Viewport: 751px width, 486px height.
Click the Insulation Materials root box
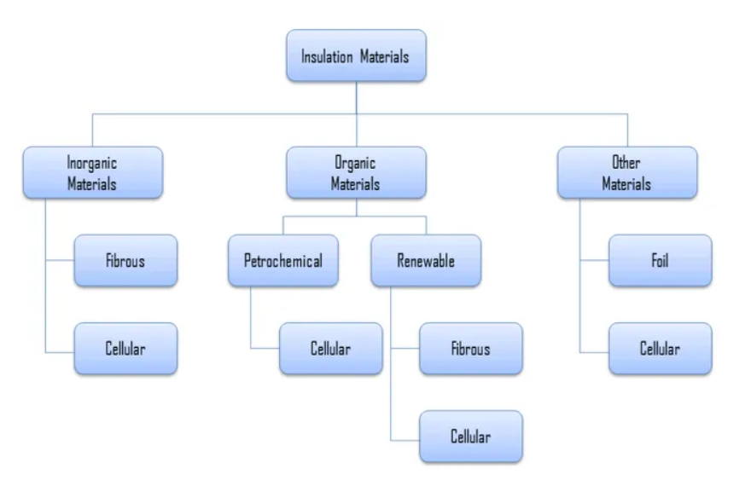click(x=356, y=56)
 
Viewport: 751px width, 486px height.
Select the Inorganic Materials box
click(x=92, y=172)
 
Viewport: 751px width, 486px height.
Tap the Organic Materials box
click(x=356, y=172)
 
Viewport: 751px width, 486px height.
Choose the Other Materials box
click(x=626, y=172)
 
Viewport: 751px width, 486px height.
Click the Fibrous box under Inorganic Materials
click(x=125, y=261)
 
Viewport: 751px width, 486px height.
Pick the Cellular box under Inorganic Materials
click(x=125, y=348)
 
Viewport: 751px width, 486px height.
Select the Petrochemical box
click(x=283, y=261)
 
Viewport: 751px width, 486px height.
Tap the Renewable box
click(x=426, y=261)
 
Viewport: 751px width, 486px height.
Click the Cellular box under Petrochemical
click(x=330, y=348)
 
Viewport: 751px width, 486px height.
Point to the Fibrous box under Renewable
click(x=470, y=348)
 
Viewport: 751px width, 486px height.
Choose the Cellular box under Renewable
click(x=470, y=437)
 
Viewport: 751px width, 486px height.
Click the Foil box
click(x=660, y=261)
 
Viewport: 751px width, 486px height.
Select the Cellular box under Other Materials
click(x=660, y=348)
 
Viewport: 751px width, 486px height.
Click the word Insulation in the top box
click(x=327, y=57)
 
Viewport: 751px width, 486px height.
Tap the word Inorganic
click(x=92, y=162)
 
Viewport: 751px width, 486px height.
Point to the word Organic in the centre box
click(x=356, y=162)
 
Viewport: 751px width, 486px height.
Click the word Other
click(x=626, y=162)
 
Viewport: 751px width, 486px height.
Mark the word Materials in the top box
click(x=384, y=57)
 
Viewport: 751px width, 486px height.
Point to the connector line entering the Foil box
click(x=595, y=261)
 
